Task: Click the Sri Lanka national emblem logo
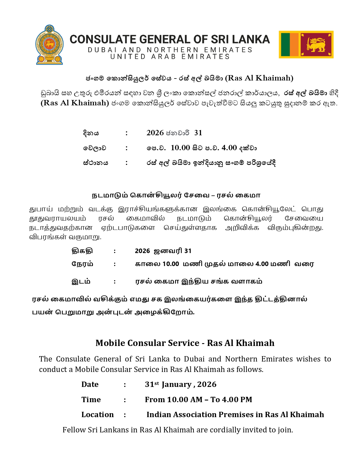click(49, 45)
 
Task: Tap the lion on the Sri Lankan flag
click(317, 45)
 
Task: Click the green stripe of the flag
click(285, 45)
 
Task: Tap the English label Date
click(90, 384)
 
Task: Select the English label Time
click(91, 400)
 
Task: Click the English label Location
click(97, 415)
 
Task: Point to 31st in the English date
click(152, 384)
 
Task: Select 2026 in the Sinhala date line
click(155, 133)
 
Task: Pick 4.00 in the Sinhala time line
click(229, 148)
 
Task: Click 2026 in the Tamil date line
click(142, 251)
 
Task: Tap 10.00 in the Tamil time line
click(171, 264)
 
